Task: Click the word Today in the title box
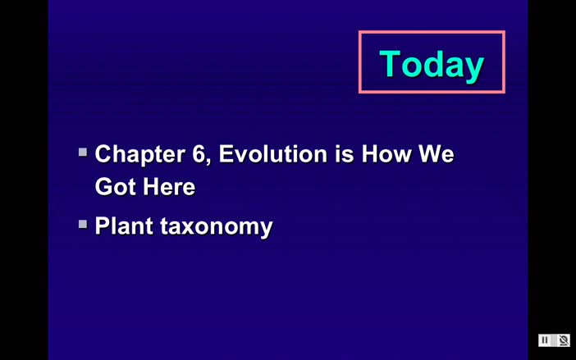click(432, 64)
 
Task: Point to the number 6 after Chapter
click(202, 154)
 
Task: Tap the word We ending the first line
click(436, 154)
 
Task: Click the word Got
click(115, 187)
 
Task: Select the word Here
click(168, 187)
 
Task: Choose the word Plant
click(124, 226)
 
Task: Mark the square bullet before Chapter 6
click(83, 152)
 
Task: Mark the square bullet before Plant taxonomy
click(83, 223)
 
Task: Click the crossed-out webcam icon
click(563, 340)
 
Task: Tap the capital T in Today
click(390, 64)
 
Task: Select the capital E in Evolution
click(226, 154)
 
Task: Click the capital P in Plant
click(103, 226)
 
